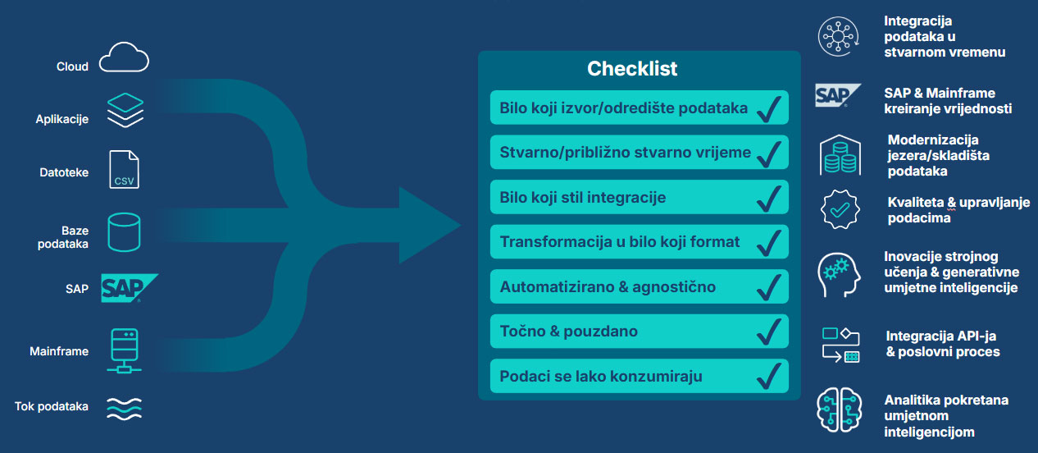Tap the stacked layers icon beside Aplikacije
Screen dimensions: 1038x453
coord(125,110)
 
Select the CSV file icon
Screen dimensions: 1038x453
coord(124,169)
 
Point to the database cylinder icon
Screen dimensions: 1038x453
coord(124,231)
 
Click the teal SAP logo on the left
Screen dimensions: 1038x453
coord(129,288)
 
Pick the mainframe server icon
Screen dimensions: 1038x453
coord(124,350)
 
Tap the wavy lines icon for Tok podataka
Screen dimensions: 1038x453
coord(124,409)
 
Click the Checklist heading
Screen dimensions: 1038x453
coord(632,69)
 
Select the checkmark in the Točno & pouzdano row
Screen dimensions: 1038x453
coord(769,332)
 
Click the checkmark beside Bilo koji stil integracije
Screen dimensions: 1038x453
coord(769,199)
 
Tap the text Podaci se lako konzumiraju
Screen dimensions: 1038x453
coord(601,376)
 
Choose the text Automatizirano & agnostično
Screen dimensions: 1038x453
coord(608,287)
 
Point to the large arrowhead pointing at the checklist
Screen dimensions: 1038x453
coord(426,226)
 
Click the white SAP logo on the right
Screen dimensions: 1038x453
coord(838,95)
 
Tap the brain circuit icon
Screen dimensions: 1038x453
coord(840,410)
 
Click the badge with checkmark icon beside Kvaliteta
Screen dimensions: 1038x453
coord(840,209)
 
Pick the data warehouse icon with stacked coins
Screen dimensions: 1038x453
coord(840,155)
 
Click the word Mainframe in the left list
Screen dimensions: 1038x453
coord(59,351)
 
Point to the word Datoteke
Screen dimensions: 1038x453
coord(64,172)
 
